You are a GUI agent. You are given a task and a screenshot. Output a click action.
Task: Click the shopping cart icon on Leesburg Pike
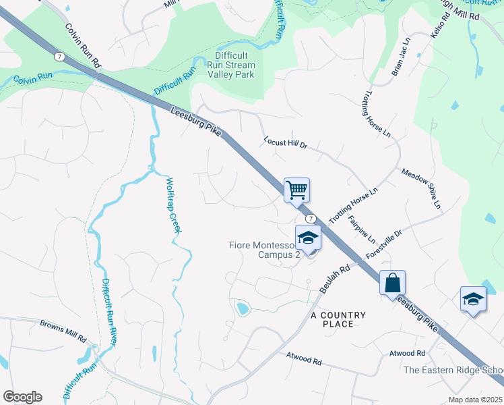click(296, 190)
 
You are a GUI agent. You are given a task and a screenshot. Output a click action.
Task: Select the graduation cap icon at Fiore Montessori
click(308, 238)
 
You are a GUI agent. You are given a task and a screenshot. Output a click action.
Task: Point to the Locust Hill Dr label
click(284, 144)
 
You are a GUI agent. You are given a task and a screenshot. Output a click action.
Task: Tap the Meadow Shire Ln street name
click(421, 188)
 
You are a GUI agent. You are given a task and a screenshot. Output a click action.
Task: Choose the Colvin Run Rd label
click(83, 45)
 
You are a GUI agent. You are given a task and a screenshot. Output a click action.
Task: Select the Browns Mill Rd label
click(64, 330)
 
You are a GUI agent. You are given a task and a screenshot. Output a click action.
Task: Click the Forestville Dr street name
click(384, 244)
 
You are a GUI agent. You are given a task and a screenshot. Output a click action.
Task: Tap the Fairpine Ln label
click(361, 229)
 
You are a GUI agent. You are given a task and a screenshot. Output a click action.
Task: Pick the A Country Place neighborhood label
click(338, 319)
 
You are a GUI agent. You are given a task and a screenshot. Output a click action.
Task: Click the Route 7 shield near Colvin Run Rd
click(60, 57)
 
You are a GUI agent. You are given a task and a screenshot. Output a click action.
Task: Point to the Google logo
click(22, 397)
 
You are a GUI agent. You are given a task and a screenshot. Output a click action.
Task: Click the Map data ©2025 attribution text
click(476, 400)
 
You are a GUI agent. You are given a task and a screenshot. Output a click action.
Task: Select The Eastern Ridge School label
click(453, 370)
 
